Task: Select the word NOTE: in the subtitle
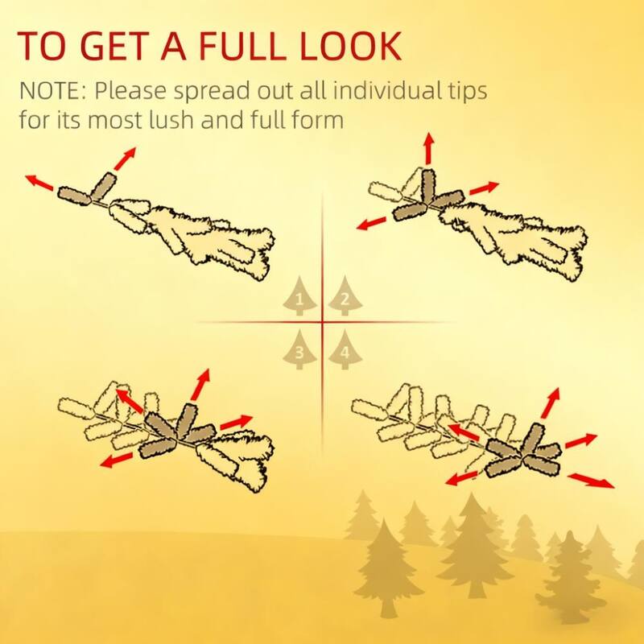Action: [53, 91]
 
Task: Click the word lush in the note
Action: [171, 119]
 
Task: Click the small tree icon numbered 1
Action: [299, 296]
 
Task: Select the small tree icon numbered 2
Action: [345, 296]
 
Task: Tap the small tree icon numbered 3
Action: [299, 349]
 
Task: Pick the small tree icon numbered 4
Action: [345, 349]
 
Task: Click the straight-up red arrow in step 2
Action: [429, 149]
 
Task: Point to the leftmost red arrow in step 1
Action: [39, 183]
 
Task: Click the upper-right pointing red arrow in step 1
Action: [125, 159]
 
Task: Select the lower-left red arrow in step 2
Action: [371, 224]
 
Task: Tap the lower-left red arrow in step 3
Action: [117, 460]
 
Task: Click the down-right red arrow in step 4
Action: [592, 481]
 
